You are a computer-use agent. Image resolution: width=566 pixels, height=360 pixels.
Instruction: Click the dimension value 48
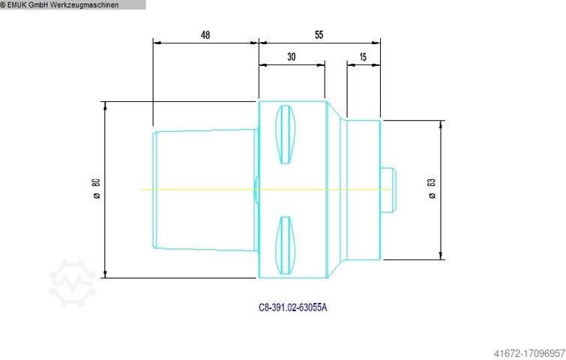205,34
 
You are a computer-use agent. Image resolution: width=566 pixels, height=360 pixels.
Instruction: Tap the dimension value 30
291,56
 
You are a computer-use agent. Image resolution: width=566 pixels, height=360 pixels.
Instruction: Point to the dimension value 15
363,56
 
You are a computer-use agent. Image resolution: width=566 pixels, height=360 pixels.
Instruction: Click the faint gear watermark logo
73,283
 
